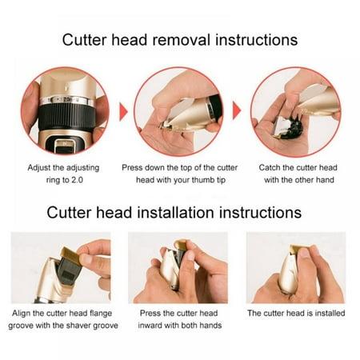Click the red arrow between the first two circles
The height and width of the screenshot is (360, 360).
click(123, 112)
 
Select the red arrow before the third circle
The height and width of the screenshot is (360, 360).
click(237, 110)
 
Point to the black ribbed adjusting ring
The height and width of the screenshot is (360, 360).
click(66, 117)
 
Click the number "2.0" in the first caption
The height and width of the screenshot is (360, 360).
click(77, 180)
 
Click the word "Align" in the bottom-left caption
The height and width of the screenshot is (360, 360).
click(21, 314)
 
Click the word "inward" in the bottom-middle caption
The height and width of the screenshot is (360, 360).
click(150, 326)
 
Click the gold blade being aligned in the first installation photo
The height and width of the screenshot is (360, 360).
click(70, 254)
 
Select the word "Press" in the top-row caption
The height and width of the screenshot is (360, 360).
click(131, 168)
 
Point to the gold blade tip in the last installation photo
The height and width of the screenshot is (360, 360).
click(298, 249)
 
